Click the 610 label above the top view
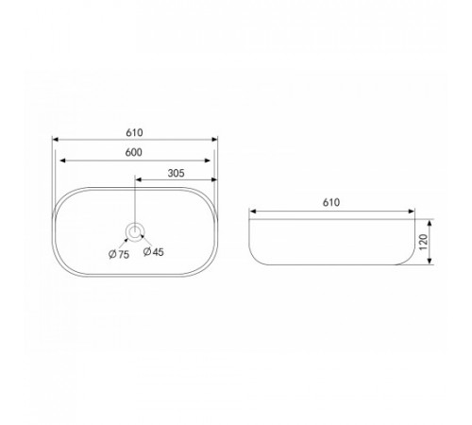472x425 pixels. (134, 133)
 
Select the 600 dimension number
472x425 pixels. (134, 152)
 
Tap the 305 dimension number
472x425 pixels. (176, 173)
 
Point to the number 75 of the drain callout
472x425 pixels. (124, 254)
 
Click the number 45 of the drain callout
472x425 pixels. (159, 252)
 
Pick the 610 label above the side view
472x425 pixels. (331, 202)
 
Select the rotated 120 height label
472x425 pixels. (424, 242)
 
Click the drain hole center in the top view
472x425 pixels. (135, 231)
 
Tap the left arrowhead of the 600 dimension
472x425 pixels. (62, 161)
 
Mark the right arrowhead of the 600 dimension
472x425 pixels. (207, 161)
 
